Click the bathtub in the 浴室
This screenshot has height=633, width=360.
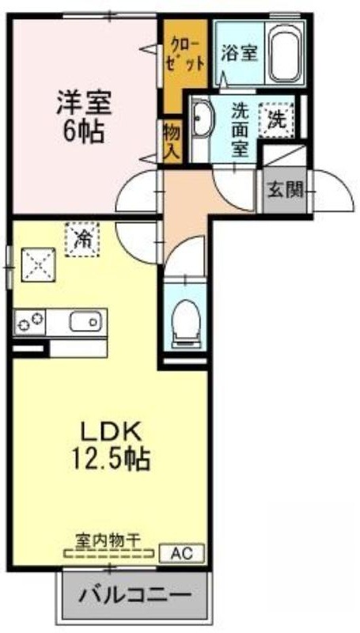tap(285, 52)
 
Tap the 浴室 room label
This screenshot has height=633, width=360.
tap(239, 53)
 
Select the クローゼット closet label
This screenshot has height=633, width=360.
tap(186, 54)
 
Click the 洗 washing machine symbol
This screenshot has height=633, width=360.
tap(276, 119)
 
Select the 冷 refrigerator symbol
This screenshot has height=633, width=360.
tap(82, 239)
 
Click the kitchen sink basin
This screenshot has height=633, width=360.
tap(85, 322)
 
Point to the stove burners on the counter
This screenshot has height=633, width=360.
tap(29, 322)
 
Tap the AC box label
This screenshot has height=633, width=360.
tap(182, 552)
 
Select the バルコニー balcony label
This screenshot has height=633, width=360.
tap(134, 596)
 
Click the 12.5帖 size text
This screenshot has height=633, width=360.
tap(112, 459)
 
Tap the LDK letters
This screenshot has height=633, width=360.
tap(112, 433)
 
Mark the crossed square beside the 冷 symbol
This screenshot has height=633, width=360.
tap(38, 264)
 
